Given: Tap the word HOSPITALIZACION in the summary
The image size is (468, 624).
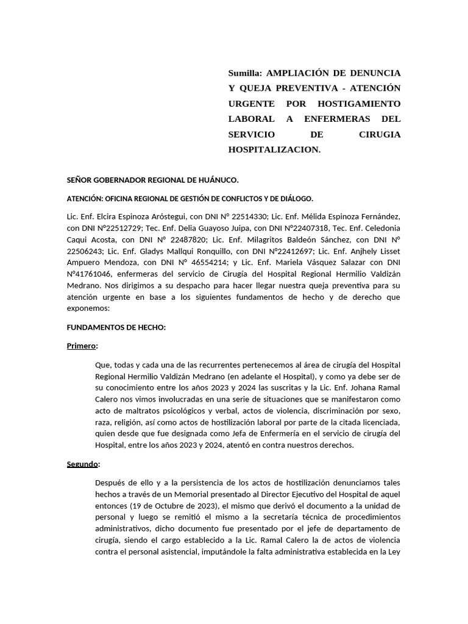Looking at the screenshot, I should (274, 149).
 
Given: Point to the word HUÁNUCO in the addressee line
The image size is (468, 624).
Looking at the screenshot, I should (217, 180).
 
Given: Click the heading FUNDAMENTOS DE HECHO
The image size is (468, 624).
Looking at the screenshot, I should (116, 327).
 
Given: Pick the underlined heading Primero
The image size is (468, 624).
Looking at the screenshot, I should (81, 346).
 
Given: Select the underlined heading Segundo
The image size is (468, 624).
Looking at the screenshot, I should (82, 464).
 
